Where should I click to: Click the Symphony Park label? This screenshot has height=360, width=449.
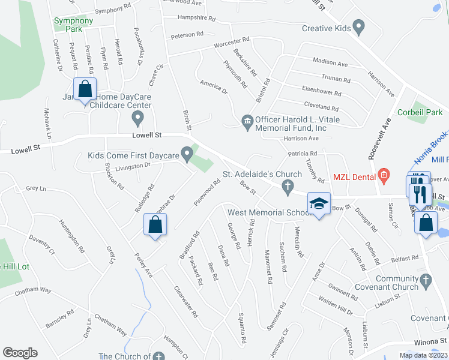pyautogui.click(x=73, y=25)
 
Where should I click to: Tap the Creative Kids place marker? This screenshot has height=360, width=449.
pyautogui.click(x=359, y=26)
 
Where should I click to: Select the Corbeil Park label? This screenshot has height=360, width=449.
pyautogui.click(x=420, y=112)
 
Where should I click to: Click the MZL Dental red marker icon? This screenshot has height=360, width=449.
pyautogui.click(x=385, y=177)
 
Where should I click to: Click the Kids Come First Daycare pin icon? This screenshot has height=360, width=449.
pyautogui.click(x=187, y=155)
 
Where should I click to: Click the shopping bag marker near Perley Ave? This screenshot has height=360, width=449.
pyautogui.click(x=155, y=226)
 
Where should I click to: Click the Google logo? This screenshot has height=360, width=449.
pyautogui.click(x=20, y=353)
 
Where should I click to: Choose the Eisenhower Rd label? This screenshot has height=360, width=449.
pyautogui.click(x=321, y=94)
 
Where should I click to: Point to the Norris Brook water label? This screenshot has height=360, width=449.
pyautogui.click(x=431, y=149)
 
